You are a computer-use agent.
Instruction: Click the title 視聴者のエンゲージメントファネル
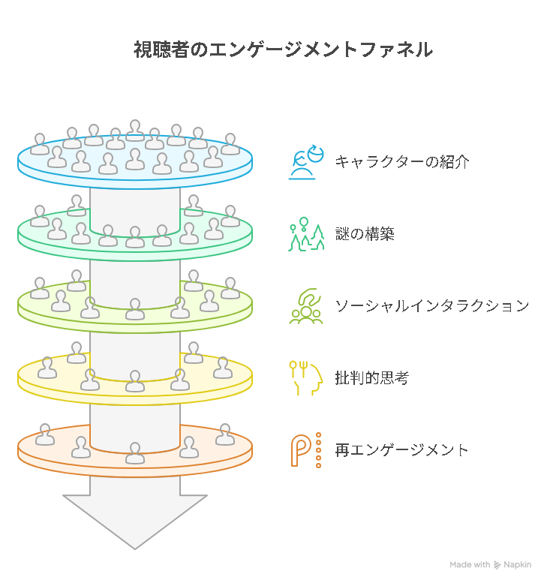coord(283,50)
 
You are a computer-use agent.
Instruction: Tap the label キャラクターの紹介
coord(402,162)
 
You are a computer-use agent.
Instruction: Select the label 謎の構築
coord(365,234)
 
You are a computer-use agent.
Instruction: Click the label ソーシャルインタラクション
coord(432,306)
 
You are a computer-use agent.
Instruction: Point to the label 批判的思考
coord(371,378)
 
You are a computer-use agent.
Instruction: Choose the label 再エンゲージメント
coord(401,450)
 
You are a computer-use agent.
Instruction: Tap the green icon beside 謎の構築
coord(306,234)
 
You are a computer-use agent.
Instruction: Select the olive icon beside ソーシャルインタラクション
coord(306,306)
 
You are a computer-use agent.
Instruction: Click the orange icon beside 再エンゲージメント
coord(306,450)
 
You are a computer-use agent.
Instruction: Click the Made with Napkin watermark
coord(490,565)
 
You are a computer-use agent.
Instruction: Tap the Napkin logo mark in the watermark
coord(497,565)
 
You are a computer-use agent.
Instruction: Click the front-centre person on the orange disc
coord(135,452)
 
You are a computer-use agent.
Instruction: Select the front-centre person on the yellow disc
coord(135,381)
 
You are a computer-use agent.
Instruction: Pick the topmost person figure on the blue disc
coord(135,131)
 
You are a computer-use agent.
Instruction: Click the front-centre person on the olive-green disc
coord(135,308)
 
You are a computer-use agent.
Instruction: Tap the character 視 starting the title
coord(143,50)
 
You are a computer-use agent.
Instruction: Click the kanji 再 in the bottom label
coord(342,450)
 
